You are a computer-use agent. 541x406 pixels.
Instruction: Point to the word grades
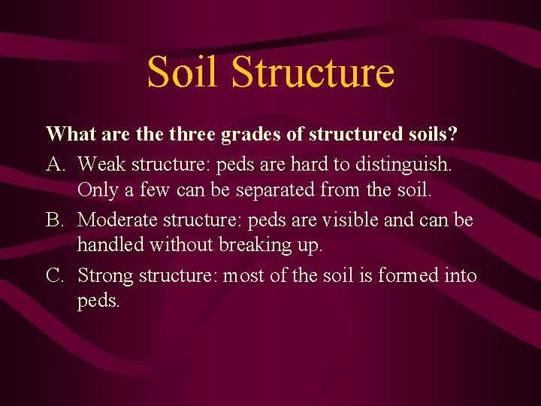(249, 135)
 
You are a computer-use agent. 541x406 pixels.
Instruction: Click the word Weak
(101, 162)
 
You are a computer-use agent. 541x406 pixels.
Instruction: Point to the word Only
(98, 191)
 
